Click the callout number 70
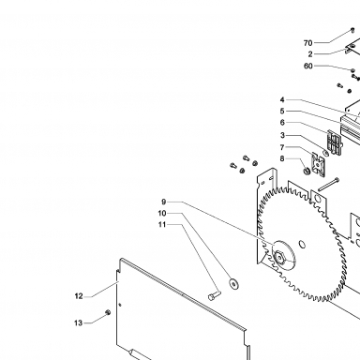coord(307,43)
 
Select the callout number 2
coord(310,54)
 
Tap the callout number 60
coord(308,66)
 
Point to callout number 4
coord(282,99)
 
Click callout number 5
coord(282,111)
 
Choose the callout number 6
coord(282,123)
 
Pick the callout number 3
coord(282,136)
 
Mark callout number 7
coord(282,147)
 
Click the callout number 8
coord(282,158)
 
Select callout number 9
coord(164,202)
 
